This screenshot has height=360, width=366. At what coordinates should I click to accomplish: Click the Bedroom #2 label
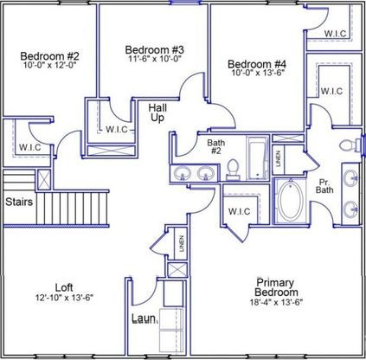point(49,55)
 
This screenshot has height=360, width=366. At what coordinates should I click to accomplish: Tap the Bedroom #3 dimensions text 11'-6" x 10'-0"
point(155,59)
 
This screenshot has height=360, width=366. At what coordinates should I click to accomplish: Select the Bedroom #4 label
point(257,64)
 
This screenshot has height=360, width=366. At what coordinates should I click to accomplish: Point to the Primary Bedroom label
point(276,287)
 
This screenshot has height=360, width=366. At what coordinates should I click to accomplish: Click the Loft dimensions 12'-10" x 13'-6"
point(64,297)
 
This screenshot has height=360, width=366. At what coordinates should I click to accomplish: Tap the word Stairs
point(19,202)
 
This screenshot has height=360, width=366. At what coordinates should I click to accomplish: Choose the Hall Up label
point(157,112)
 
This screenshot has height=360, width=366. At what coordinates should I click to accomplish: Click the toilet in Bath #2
point(233,170)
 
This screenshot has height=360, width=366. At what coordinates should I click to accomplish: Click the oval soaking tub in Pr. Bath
point(291,201)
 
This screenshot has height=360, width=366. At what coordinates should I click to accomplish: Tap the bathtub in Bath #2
point(257,158)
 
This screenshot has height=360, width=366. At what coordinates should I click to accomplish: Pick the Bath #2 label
point(216,146)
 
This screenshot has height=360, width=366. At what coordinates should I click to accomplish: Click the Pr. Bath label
point(324,186)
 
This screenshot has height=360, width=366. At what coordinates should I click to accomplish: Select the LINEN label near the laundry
point(182,243)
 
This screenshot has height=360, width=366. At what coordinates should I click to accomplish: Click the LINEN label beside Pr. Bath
point(279,158)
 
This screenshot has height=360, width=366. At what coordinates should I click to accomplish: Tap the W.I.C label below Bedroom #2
point(30,147)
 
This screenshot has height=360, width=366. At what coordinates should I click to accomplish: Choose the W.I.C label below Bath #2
point(239,211)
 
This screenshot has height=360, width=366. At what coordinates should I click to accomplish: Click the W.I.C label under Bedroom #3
point(117,129)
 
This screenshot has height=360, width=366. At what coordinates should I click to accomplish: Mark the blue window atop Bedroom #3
point(184,3)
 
